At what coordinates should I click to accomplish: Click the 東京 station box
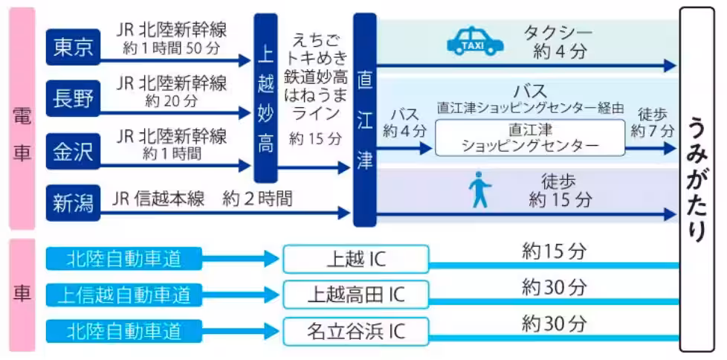click(72, 48)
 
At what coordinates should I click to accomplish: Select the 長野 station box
click(72, 98)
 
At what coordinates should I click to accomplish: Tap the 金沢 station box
click(72, 150)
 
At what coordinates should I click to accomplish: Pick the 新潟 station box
click(72, 202)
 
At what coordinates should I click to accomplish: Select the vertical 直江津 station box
click(364, 119)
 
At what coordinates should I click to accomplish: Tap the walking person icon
click(479, 190)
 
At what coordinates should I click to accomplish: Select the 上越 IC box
click(356, 259)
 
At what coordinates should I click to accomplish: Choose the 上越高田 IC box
click(356, 295)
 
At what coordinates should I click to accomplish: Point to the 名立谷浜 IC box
click(356, 330)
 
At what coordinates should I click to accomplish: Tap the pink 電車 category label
click(22, 119)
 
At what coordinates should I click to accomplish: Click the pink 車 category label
click(22, 294)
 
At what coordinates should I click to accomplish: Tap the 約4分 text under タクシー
click(560, 53)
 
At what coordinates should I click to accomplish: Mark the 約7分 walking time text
click(653, 131)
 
